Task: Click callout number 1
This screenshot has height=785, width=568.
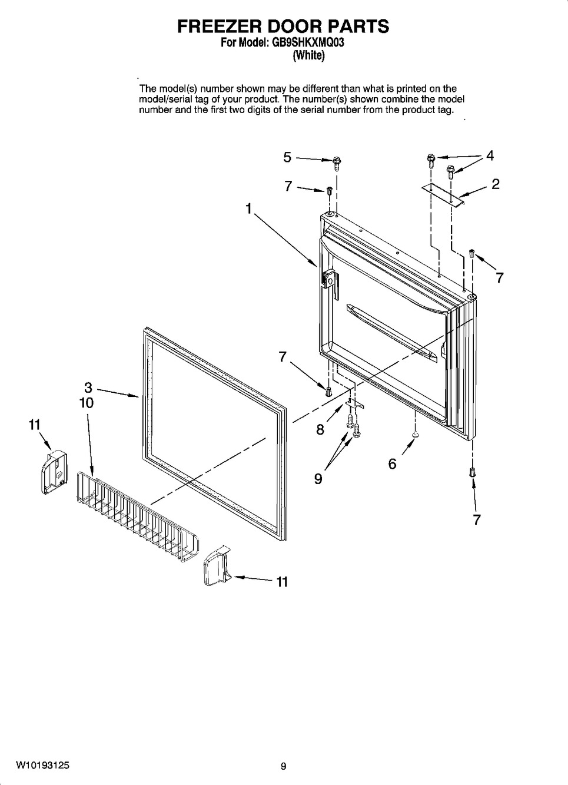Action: point(249,208)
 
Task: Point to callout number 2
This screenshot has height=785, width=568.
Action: point(495,184)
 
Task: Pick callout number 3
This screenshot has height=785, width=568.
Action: point(88,387)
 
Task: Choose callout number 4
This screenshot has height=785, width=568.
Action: point(489,155)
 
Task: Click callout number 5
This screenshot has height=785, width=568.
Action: point(287,157)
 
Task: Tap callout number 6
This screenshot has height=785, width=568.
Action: point(392,463)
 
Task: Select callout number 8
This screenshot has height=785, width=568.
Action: point(320,429)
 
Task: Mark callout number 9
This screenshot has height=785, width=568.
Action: point(318,479)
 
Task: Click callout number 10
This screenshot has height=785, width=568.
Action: point(87,403)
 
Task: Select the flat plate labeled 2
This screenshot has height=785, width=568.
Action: point(444,194)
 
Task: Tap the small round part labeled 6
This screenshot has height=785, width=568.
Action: point(416,434)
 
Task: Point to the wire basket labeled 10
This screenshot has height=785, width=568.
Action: point(137,516)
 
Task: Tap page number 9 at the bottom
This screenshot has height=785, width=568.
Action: point(283,766)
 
